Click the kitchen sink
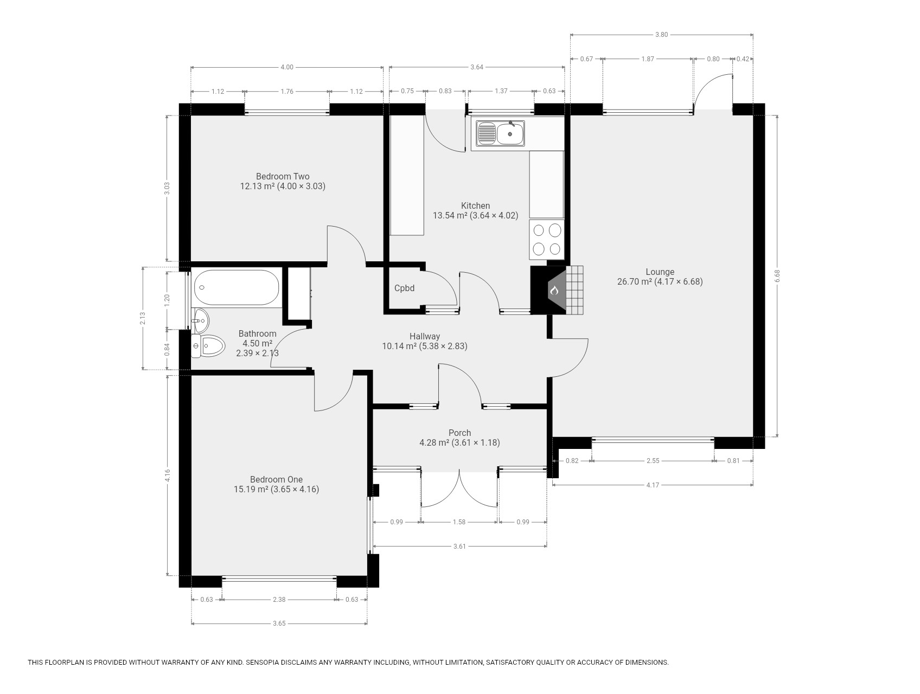click(501, 133)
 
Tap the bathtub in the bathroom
click(237, 287)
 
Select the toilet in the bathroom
click(208, 346)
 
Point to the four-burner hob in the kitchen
click(547, 239)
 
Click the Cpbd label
click(404, 288)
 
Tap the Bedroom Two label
click(283, 176)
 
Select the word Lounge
click(660, 272)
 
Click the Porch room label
click(459, 433)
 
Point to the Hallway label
click(425, 336)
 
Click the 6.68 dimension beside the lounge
click(777, 276)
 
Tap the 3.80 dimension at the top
click(661, 35)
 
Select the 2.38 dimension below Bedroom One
click(279, 600)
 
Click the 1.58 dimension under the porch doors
click(459, 522)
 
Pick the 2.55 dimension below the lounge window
click(653, 461)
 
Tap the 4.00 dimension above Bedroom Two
click(286, 67)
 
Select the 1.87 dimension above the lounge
click(648, 59)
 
